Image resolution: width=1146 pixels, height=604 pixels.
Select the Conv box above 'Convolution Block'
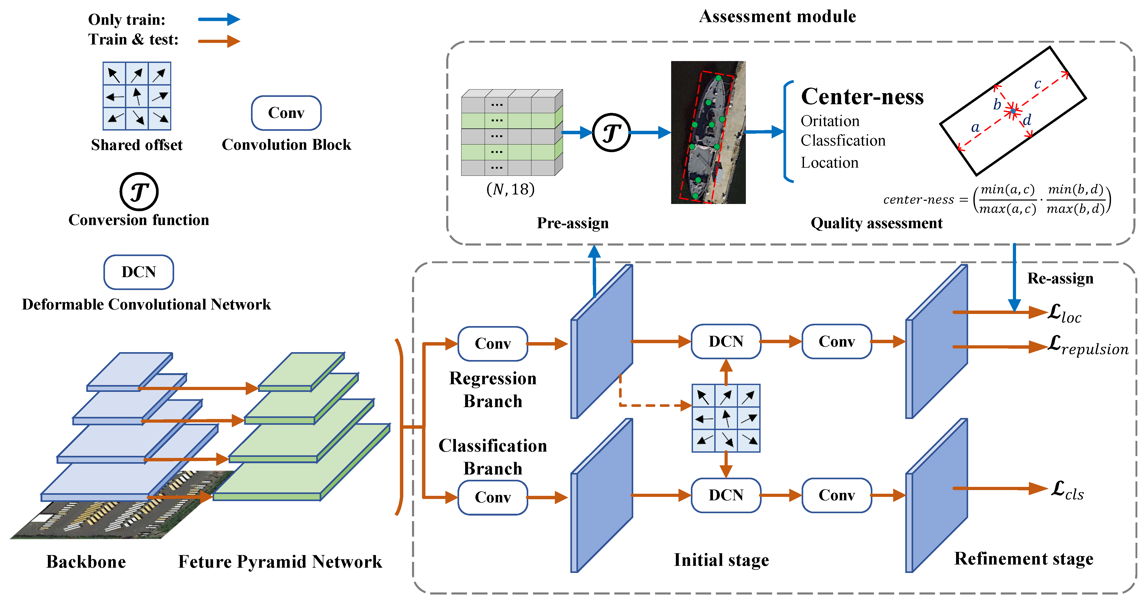pos(286,113)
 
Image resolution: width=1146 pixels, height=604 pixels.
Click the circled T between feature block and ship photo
pos(611,133)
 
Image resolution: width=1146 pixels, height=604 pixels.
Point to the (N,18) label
pos(510,189)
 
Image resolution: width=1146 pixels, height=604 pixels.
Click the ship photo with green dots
pos(708,133)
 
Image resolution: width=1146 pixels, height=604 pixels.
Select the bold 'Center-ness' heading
pos(862,97)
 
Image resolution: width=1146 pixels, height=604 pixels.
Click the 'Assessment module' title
pos(777,17)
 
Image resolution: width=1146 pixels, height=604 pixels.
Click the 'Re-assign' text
pos(1060,279)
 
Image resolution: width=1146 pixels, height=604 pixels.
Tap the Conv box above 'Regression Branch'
pos(492,344)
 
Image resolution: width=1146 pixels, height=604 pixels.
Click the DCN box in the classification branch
pos(726,495)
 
